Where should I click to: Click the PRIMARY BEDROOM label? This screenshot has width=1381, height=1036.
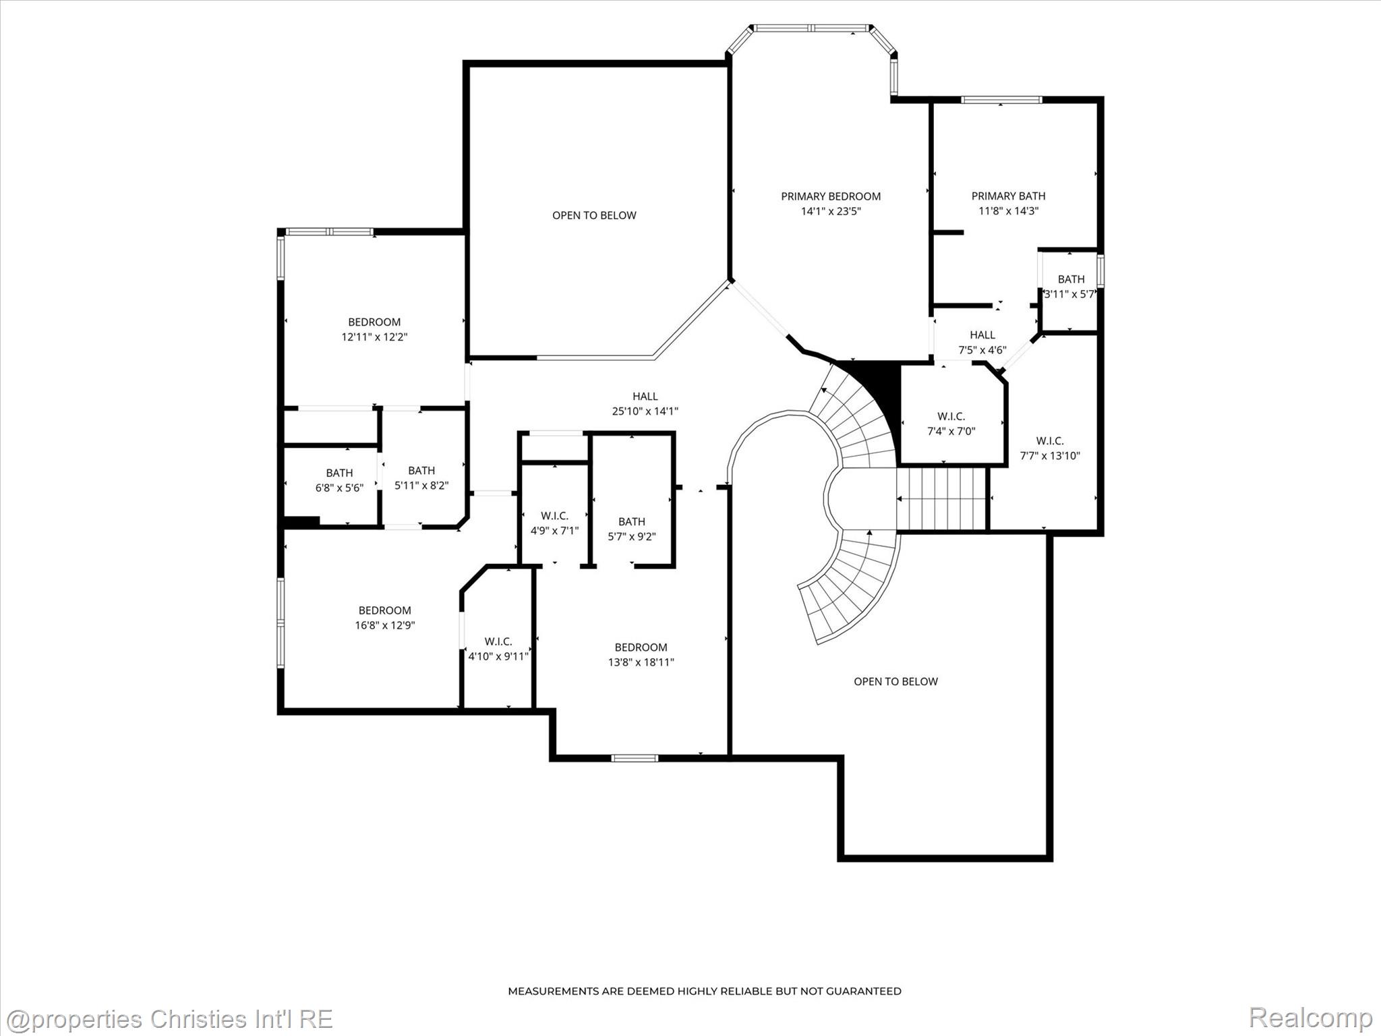tap(830, 196)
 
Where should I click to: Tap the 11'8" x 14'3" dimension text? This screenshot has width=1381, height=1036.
tap(1008, 210)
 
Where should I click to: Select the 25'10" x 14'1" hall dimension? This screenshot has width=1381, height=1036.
tap(645, 411)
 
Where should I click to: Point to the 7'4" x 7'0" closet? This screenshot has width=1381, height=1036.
tap(951, 424)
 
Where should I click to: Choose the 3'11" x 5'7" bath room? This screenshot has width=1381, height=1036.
tap(1070, 287)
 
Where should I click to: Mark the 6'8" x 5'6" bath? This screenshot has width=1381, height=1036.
tap(339, 480)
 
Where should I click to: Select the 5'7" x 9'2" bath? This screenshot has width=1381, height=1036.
tap(631, 529)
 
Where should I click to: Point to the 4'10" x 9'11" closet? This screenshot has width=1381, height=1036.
tap(498, 648)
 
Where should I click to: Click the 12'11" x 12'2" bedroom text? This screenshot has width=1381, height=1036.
tap(374, 329)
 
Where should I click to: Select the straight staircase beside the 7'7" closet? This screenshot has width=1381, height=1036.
tap(941, 499)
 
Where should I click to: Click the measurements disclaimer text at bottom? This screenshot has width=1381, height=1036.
tap(704, 991)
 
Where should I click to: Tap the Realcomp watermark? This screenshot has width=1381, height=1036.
tap(1310, 1017)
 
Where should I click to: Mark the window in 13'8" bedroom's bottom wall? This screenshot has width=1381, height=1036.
tap(635, 758)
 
